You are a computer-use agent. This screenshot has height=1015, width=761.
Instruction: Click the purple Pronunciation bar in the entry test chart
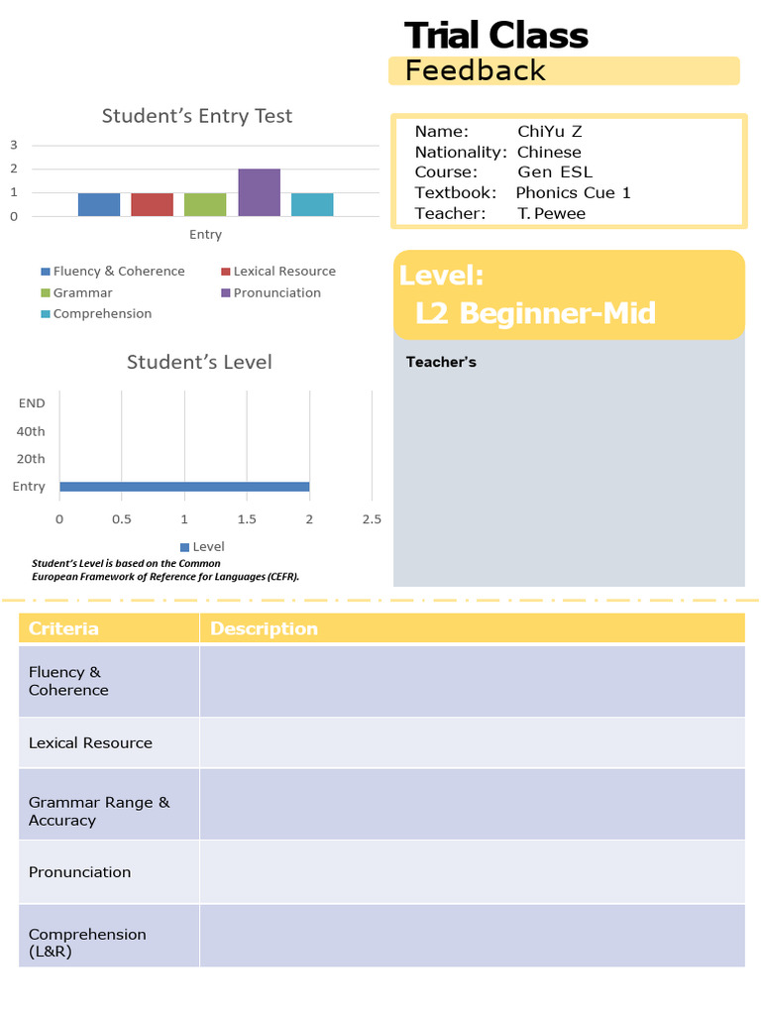pyautogui.click(x=259, y=192)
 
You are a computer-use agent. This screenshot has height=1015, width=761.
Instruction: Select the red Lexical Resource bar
pyautogui.click(x=152, y=204)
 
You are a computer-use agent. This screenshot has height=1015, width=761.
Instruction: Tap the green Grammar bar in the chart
pyautogui.click(x=205, y=204)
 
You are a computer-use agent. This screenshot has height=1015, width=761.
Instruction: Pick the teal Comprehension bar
pyautogui.click(x=312, y=204)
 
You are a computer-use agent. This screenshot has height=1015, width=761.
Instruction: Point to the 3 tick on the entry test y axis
pyautogui.click(x=14, y=145)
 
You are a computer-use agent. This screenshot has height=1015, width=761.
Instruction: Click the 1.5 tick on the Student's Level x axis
pyautogui.click(x=247, y=519)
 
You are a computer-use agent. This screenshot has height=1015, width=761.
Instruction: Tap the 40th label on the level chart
pyautogui.click(x=32, y=431)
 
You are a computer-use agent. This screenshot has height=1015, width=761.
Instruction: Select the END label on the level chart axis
pyautogui.click(x=32, y=403)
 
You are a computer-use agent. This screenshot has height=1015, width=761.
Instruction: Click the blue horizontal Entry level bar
pyautogui.click(x=184, y=487)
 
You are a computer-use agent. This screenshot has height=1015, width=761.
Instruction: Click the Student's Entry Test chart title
pyautogui.click(x=197, y=116)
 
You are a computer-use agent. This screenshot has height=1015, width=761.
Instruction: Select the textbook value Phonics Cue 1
pyautogui.click(x=573, y=192)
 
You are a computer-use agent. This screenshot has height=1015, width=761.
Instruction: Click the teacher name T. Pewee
pyautogui.click(x=551, y=213)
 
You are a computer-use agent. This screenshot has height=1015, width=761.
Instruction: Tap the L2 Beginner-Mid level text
pyautogui.click(x=535, y=313)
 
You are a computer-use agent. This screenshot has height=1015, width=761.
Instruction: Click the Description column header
pyautogui.click(x=264, y=628)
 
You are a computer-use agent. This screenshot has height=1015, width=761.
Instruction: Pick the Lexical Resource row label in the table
pyautogui.click(x=90, y=742)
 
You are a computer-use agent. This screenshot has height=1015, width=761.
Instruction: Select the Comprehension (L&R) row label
pyautogui.click(x=87, y=943)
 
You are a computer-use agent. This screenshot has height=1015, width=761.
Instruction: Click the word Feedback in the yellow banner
pyautogui.click(x=476, y=70)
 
